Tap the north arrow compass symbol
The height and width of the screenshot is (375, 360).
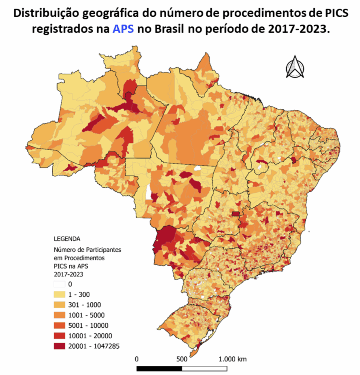(x=295, y=67)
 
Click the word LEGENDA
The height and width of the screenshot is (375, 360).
(x=67, y=239)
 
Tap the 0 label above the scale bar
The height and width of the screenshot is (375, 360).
(x=137, y=359)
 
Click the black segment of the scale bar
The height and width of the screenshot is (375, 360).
(x=159, y=368)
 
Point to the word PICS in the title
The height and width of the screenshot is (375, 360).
(x=333, y=14)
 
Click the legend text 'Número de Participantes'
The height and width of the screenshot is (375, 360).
(x=88, y=250)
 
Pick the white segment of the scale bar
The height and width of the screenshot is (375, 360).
(x=205, y=368)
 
